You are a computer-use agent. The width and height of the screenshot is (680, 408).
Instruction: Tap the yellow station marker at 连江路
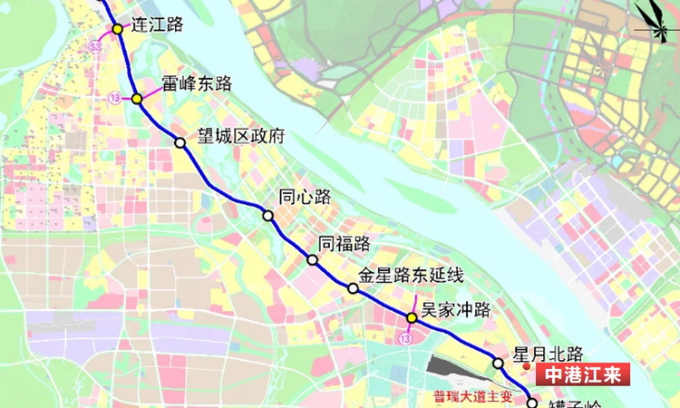point(118,29)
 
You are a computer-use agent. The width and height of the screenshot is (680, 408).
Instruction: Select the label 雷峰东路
point(197,84)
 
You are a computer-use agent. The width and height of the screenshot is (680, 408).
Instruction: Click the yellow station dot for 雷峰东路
point(136,99)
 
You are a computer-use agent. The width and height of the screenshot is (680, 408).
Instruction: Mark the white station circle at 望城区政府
point(180,142)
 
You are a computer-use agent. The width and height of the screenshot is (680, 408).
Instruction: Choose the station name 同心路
point(305,197)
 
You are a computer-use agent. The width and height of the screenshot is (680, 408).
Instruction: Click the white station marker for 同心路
point(268,215)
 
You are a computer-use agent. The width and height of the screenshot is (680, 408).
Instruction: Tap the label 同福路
point(345,243)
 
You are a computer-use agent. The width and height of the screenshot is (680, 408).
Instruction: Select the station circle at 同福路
point(312,260)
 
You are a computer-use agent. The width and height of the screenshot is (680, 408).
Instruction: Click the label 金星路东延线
point(411,274)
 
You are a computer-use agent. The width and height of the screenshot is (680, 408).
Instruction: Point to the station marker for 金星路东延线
point(353,288)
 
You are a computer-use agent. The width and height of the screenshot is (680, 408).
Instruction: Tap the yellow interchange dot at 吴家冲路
point(411,318)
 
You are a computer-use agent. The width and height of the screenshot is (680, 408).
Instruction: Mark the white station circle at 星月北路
point(498,364)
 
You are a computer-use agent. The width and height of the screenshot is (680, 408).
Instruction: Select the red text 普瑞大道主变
point(472,395)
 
